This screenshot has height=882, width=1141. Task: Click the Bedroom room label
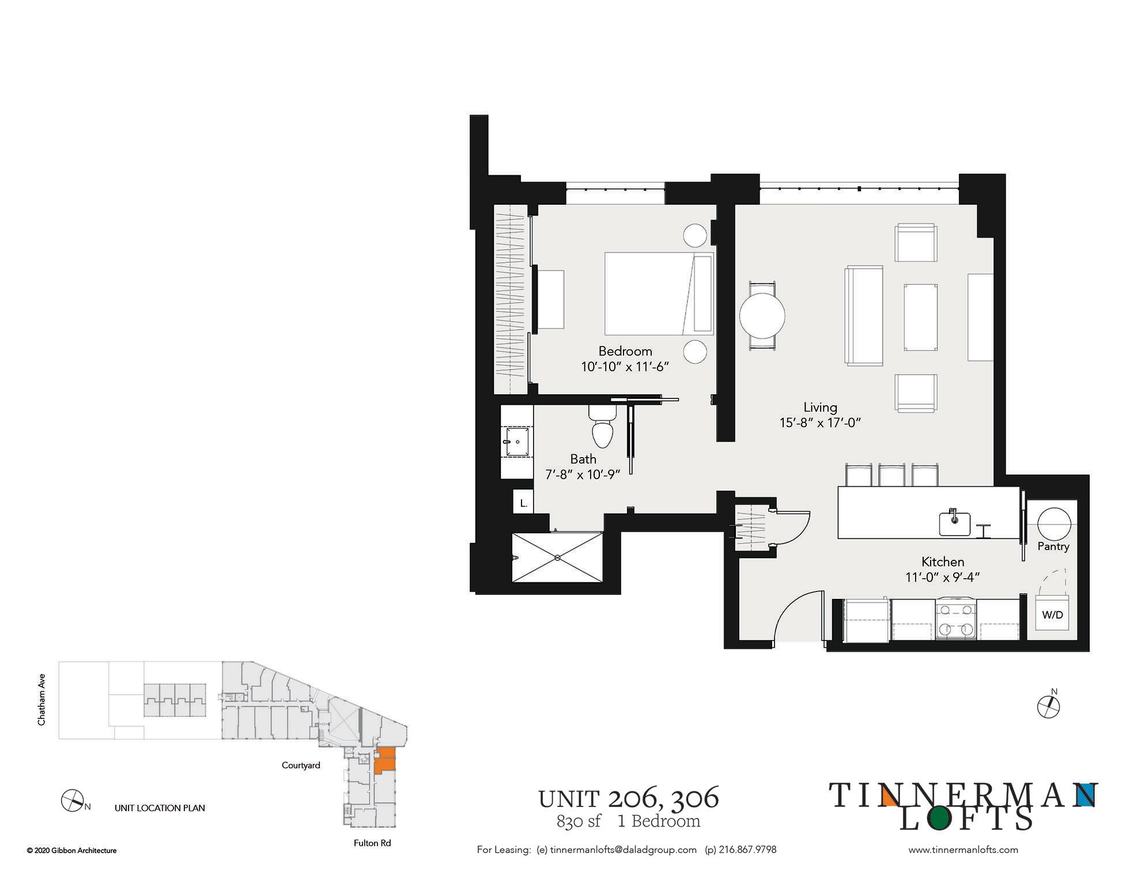(625, 351)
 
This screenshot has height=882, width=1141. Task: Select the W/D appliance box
(1052, 615)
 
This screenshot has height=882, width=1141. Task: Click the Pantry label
(1053, 546)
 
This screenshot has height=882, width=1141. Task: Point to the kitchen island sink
(954, 523)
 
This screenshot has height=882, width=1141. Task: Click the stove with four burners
(955, 620)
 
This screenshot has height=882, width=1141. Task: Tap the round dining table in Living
(762, 316)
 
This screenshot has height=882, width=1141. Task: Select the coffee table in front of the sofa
(920, 317)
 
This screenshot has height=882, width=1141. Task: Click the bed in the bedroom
(659, 293)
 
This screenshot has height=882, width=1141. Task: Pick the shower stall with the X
(557, 557)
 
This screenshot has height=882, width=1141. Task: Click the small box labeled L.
(523, 503)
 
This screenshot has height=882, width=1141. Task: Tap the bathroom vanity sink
(517, 442)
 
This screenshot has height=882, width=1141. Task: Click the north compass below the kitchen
(1048, 707)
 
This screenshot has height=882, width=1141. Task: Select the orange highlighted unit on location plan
(384, 760)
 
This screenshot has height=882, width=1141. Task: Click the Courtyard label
(301, 766)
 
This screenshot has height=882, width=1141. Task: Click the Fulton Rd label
(372, 843)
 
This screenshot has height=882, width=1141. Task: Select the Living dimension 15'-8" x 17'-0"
(819, 423)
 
